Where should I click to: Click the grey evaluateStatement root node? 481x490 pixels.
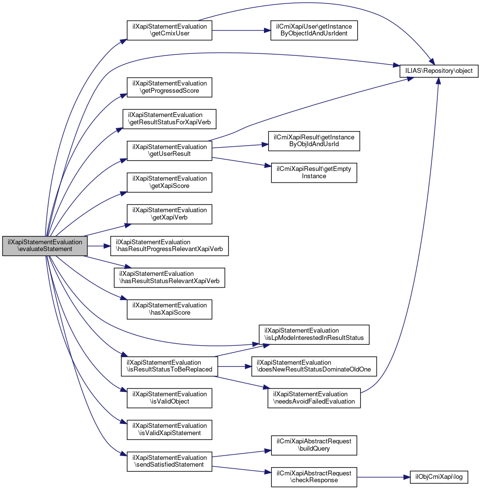(x=45, y=245)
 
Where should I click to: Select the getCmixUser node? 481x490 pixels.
(x=169, y=30)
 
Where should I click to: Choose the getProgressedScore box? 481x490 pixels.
(x=169, y=87)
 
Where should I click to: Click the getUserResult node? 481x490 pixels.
(x=169, y=150)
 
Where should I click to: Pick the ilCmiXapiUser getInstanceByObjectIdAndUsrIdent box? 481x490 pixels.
(x=315, y=30)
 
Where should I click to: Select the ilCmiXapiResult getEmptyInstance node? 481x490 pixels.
(x=314, y=172)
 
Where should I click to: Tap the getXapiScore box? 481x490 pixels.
(x=169, y=182)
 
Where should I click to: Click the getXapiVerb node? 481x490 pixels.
(x=169, y=214)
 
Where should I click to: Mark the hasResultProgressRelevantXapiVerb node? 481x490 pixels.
(x=169, y=245)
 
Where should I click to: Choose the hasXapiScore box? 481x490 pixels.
(x=169, y=309)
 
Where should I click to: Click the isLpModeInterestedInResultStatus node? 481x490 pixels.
(x=314, y=334)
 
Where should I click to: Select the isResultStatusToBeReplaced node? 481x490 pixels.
(x=169, y=366)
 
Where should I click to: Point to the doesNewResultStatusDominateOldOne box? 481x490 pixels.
(x=314, y=366)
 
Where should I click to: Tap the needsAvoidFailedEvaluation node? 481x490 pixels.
(x=314, y=398)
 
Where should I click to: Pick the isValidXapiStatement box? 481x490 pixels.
(x=169, y=429)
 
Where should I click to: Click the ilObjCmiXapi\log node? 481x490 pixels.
(x=439, y=477)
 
